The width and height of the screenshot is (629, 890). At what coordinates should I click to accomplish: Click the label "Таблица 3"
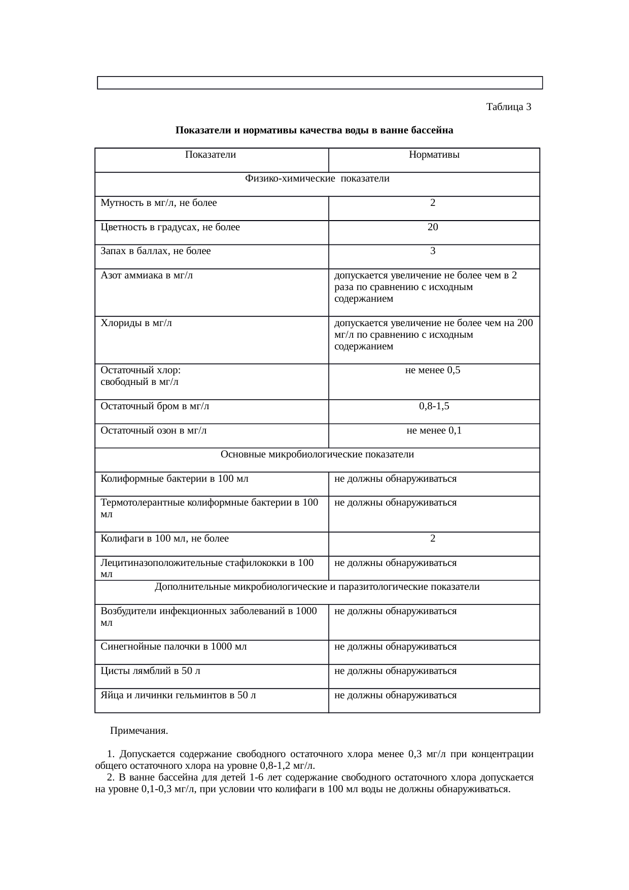click(x=508, y=107)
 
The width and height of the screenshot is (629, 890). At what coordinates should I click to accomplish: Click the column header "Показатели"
click(x=211, y=155)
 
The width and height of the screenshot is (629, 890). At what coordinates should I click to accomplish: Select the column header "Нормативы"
click(x=434, y=155)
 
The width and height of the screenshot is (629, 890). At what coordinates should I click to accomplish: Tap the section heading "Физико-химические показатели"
click(x=317, y=179)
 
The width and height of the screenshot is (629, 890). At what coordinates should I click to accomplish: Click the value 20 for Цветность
click(x=433, y=227)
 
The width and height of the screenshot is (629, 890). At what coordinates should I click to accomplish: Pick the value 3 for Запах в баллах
click(x=433, y=251)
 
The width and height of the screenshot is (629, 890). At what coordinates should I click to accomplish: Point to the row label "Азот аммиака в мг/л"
click(x=147, y=275)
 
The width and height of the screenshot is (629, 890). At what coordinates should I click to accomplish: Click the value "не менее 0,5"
click(x=433, y=370)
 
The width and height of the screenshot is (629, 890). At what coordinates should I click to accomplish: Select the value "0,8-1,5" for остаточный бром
click(x=434, y=406)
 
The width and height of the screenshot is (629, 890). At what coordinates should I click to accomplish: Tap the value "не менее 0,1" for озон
click(x=434, y=431)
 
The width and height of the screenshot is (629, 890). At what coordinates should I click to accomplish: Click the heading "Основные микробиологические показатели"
click(x=317, y=454)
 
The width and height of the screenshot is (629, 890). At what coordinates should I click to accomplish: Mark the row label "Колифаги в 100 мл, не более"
click(x=164, y=539)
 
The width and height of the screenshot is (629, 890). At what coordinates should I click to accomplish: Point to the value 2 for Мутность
click(x=433, y=203)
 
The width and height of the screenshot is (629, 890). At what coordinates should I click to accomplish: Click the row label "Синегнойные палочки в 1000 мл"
click(x=173, y=647)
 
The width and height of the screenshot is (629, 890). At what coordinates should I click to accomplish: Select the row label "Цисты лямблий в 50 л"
click(x=150, y=671)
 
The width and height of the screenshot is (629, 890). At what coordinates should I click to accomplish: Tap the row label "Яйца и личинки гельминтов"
click(x=178, y=695)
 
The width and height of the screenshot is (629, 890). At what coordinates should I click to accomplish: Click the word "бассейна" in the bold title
click(x=434, y=130)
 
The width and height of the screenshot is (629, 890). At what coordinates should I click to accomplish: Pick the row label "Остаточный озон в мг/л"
click(x=153, y=431)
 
